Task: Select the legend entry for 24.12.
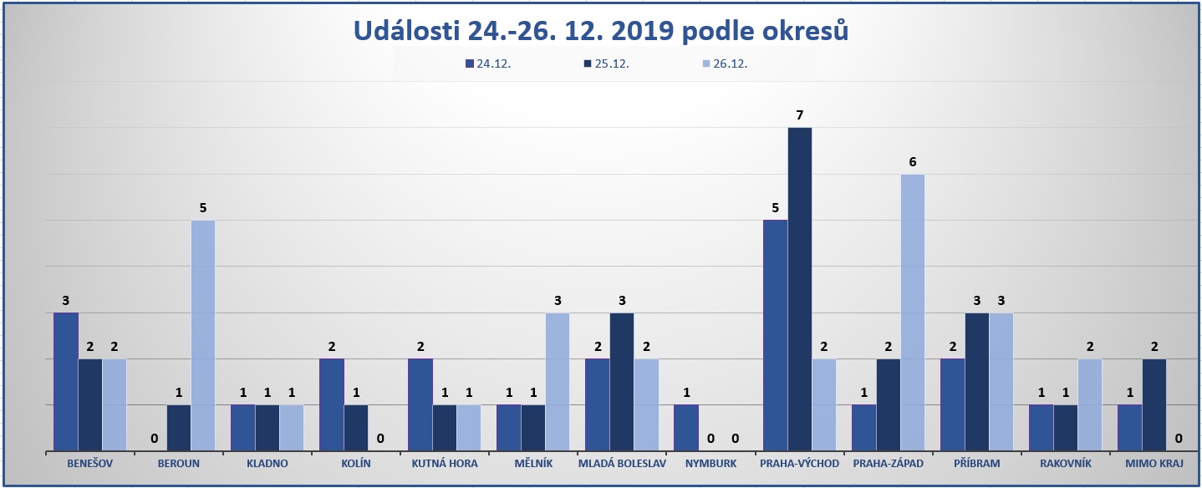tap(488, 63)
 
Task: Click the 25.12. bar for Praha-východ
tap(799, 289)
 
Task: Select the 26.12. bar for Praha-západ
tap(912, 313)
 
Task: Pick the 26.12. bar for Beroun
tap(203, 336)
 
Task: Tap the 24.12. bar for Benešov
tap(66, 382)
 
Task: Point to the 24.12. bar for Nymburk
tap(685, 428)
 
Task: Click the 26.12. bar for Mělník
tap(558, 382)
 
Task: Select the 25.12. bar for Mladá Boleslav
tap(622, 382)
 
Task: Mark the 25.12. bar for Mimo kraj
tap(1154, 405)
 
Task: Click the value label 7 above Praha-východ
tap(799, 114)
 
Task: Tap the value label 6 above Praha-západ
tap(912, 161)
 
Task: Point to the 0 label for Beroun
tap(155, 437)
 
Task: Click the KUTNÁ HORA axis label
tap(444, 463)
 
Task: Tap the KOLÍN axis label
tap(355, 463)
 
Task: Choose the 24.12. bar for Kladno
tap(242, 428)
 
